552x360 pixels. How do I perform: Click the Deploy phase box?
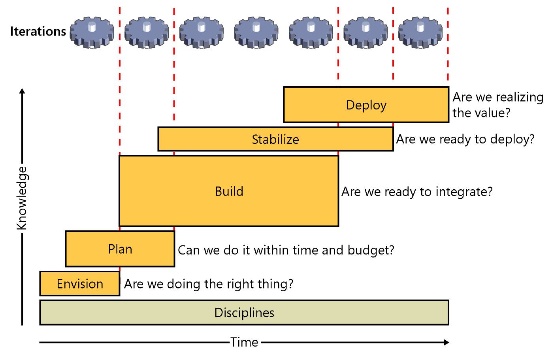[x=366, y=105]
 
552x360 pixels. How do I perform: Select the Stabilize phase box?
[x=275, y=139]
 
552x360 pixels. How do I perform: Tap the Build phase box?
[x=229, y=191]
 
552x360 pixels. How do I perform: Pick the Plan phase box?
[x=120, y=249]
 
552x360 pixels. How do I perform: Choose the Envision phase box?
[x=80, y=284]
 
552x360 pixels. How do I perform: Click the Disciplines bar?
[x=244, y=313]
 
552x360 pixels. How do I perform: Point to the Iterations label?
[x=38, y=32]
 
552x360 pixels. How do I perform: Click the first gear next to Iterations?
[x=92, y=32]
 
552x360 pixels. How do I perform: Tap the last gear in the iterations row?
[x=420, y=32]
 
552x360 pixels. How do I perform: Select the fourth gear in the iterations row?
[x=256, y=32]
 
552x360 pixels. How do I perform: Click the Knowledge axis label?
[x=22, y=198]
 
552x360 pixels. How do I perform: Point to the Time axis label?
[x=244, y=342]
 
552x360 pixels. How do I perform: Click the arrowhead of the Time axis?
[x=446, y=342]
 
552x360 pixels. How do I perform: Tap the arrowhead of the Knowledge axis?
[x=22, y=91]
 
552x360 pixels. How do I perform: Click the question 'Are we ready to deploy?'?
[x=465, y=139]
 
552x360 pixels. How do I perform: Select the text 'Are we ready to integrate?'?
[x=417, y=192]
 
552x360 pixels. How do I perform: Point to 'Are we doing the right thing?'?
[x=209, y=284]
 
